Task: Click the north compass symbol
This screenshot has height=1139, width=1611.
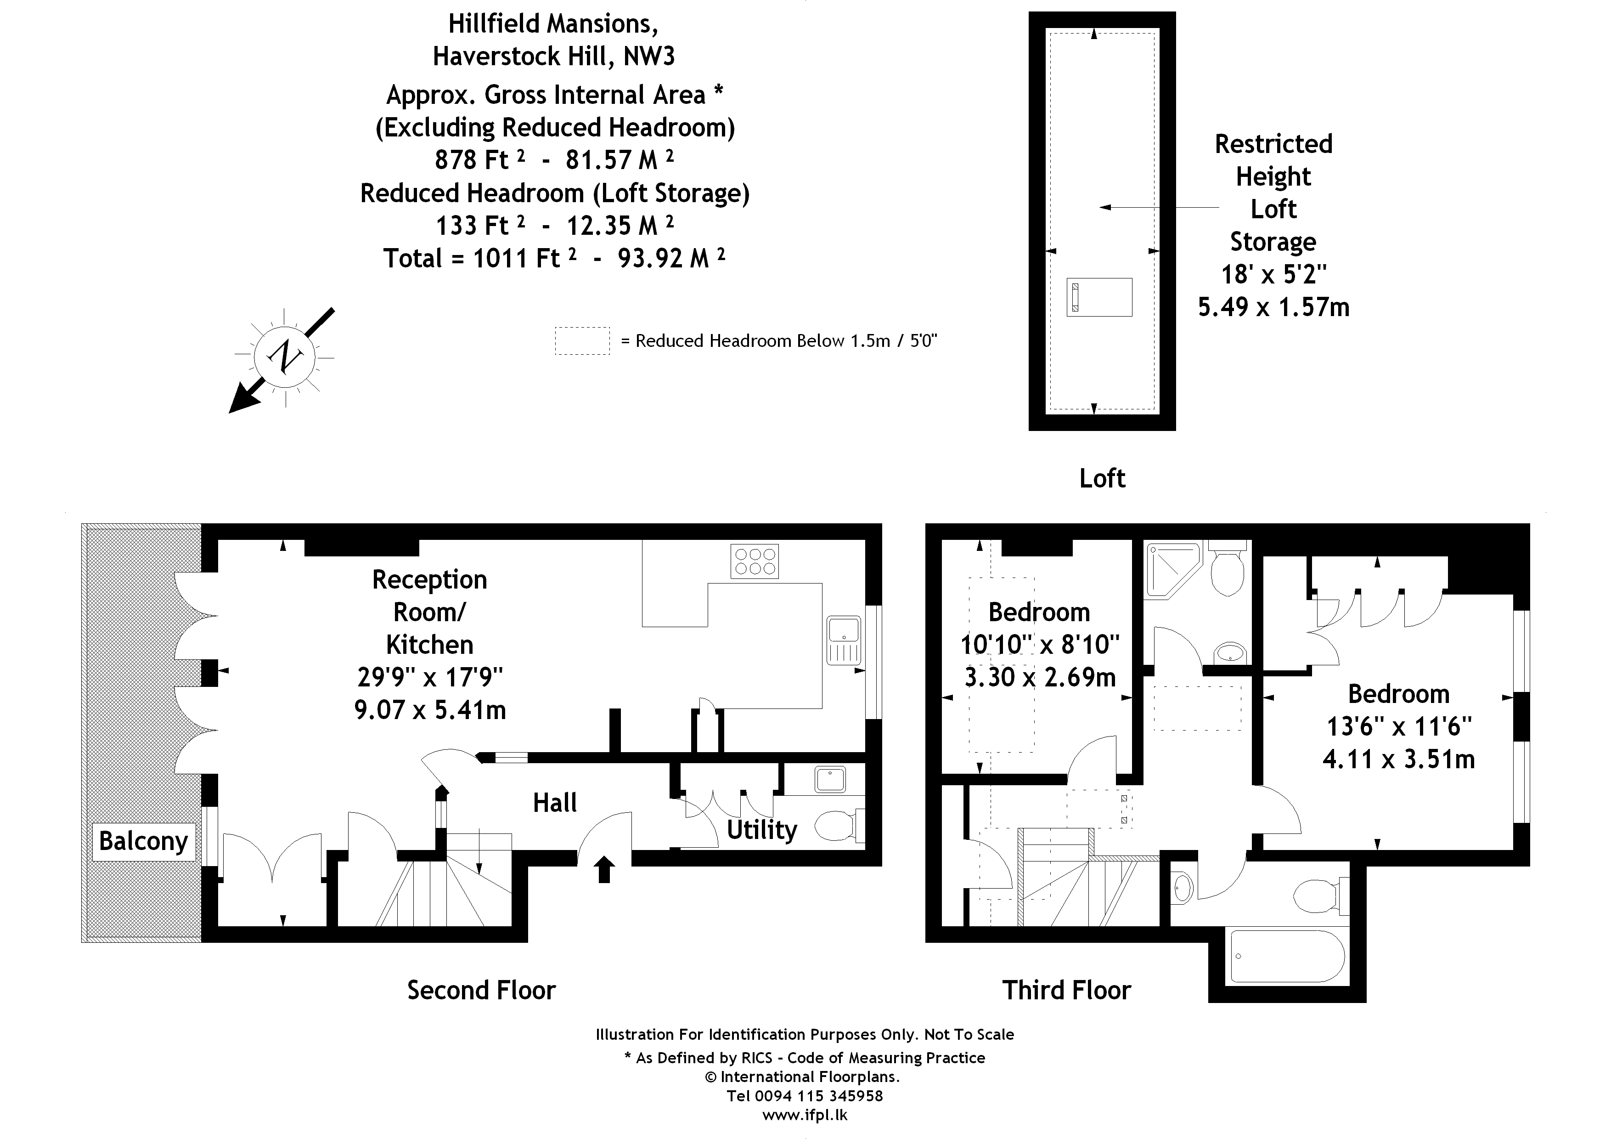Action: (x=285, y=357)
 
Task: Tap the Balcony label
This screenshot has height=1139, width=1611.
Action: (x=143, y=841)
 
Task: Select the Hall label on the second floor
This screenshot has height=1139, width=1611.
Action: (x=554, y=803)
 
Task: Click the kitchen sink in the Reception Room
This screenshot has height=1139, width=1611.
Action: (x=844, y=640)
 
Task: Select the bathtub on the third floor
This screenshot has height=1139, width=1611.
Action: (x=1288, y=957)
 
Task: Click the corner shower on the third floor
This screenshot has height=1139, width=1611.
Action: (x=1170, y=569)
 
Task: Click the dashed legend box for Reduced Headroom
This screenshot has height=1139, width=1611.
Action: (x=582, y=341)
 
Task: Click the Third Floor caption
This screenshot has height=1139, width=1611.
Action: (x=1066, y=990)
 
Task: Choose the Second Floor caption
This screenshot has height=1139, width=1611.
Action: (x=481, y=990)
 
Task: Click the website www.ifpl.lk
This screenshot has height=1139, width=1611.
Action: (x=805, y=1115)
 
